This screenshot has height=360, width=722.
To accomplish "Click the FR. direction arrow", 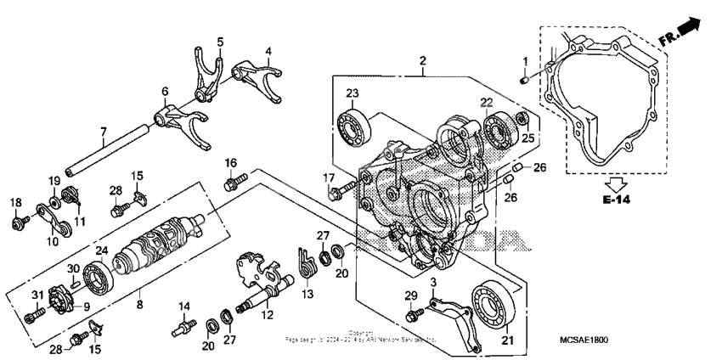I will pyautogui.click(x=683, y=32).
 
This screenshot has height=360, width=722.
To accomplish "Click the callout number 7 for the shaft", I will pyautogui.click(x=103, y=132).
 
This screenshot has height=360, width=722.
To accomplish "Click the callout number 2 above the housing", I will pyautogui.click(x=422, y=60).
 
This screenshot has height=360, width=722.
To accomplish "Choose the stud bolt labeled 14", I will pyautogui.click(x=183, y=324).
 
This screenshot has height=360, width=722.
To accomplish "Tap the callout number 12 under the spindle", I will pyautogui.click(x=267, y=314).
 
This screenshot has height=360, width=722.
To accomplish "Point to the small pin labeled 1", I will pyautogui.click(x=526, y=80).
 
